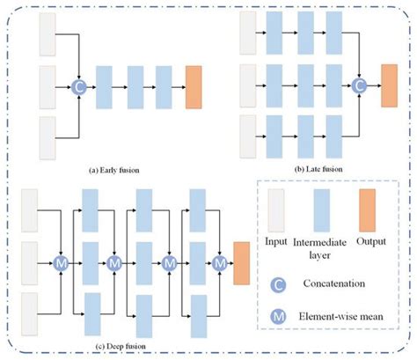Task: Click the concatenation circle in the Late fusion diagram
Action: pos(358,86)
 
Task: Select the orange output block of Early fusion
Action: pos(194,86)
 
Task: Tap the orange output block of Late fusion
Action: pos(388,86)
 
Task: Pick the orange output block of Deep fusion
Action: pos(240,261)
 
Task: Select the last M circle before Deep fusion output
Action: pos(217,262)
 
